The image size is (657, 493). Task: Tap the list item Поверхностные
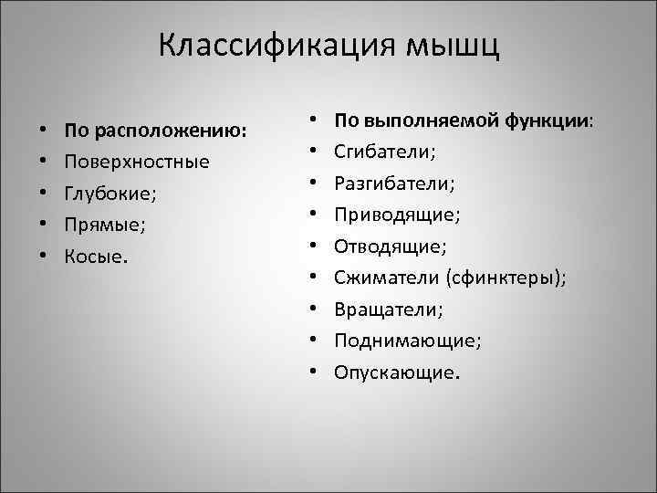(x=136, y=162)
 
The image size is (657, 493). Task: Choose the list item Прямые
(x=102, y=224)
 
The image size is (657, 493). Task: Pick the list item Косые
(x=97, y=255)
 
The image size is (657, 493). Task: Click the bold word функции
(x=547, y=120)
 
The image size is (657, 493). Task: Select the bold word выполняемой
(x=428, y=120)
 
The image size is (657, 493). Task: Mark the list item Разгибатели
(x=393, y=183)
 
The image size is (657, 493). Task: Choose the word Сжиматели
(x=385, y=278)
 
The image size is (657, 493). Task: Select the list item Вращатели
(x=388, y=309)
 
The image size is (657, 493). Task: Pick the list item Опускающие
(x=397, y=372)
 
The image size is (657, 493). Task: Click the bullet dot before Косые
(x=43, y=255)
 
